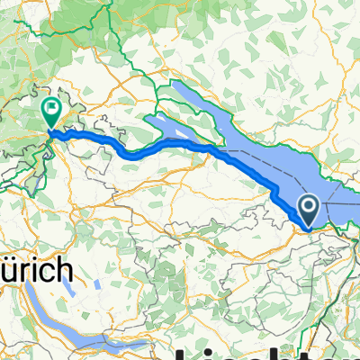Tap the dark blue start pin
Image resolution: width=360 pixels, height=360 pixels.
(308, 210)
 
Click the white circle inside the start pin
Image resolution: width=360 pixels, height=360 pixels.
(308, 207)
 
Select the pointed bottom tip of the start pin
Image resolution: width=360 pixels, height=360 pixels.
(308, 226)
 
